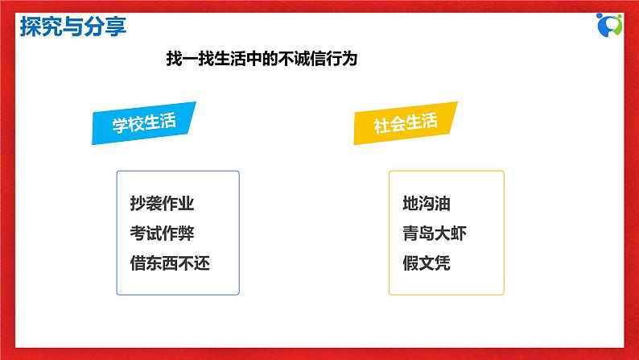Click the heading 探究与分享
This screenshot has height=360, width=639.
click(72, 27)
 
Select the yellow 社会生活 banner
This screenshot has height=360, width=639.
click(406, 123)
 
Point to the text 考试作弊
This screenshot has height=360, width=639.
click(162, 234)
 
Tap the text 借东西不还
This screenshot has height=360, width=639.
click(170, 263)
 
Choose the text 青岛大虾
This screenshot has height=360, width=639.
click(435, 234)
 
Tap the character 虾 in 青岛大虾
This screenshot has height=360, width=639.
click(458, 234)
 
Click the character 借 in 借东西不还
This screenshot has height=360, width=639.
click(138, 263)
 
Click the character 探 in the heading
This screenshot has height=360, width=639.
click(30, 27)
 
